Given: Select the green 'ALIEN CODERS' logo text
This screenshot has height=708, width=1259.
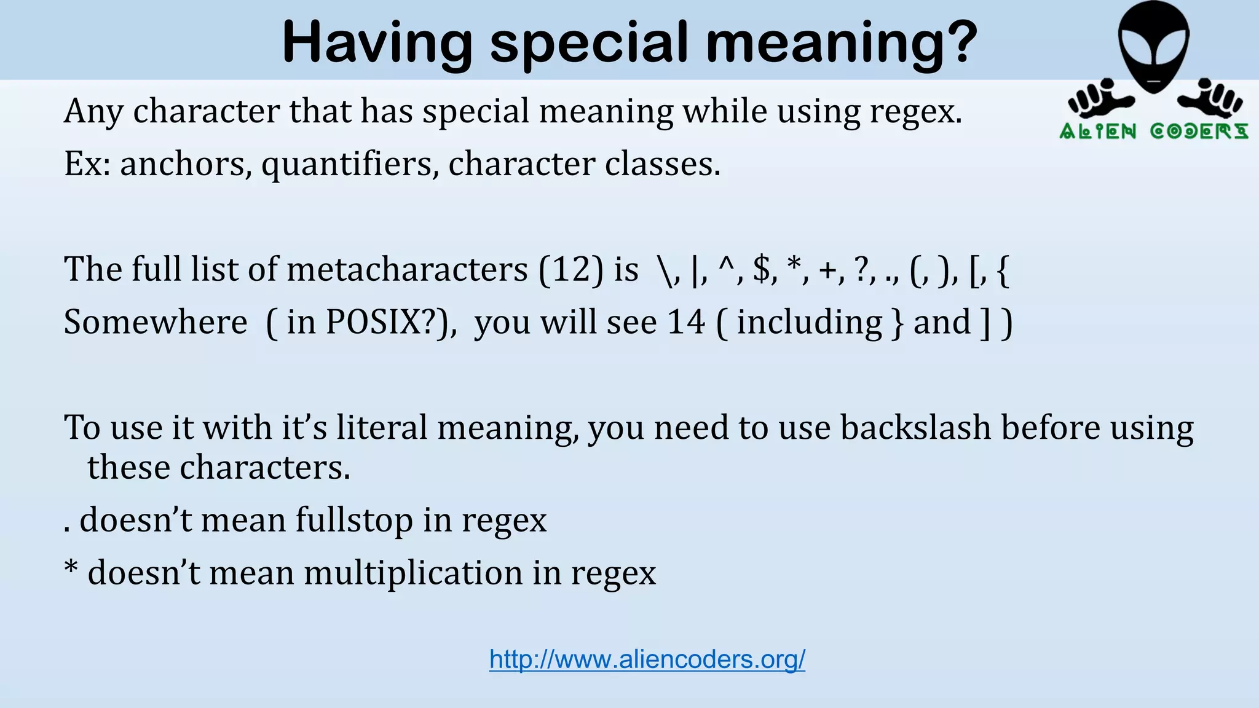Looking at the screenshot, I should [x=1153, y=132].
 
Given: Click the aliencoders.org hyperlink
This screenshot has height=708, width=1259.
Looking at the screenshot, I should [x=647, y=659].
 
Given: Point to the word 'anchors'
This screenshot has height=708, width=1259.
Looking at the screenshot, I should [x=186, y=164].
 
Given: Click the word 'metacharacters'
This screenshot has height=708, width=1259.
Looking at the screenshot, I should [x=407, y=269].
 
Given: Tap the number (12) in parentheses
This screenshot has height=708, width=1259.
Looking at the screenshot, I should [x=571, y=269].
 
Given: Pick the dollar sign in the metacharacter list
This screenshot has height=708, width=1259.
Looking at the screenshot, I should [x=762, y=269].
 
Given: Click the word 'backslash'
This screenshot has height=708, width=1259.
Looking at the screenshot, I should [x=915, y=427].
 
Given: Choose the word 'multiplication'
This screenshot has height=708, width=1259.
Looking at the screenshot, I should [x=413, y=573].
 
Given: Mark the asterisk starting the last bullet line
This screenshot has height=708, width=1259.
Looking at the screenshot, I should [x=71, y=569].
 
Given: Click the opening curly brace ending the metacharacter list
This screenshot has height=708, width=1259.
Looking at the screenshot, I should [x=1003, y=270].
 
